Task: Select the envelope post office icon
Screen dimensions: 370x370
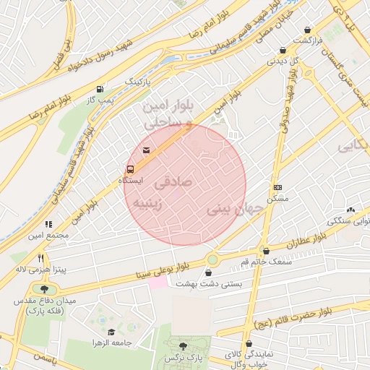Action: click(x=147, y=150)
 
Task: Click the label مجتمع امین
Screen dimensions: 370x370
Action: click(x=49, y=235)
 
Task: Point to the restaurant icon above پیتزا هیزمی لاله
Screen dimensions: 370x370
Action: click(x=41, y=259)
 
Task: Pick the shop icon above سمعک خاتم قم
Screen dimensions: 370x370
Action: click(x=266, y=251)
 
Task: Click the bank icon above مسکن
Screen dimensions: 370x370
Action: click(x=277, y=186)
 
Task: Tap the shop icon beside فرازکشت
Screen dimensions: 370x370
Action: click(x=309, y=30)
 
